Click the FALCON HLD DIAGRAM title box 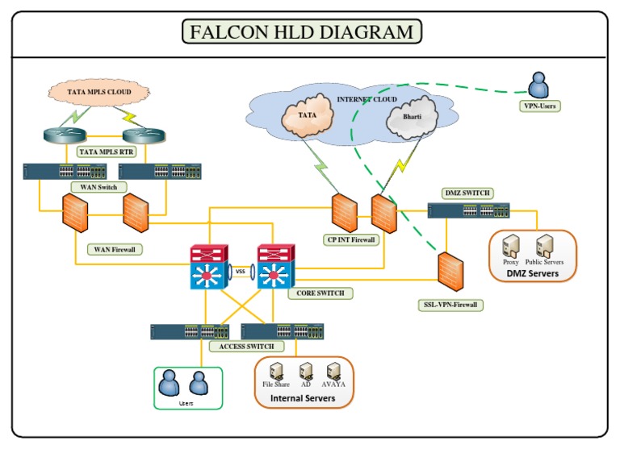coord(301,32)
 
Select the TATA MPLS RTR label coord(106,151)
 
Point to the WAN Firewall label coord(114,250)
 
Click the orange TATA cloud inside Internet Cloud coord(307,117)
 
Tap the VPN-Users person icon coord(538,85)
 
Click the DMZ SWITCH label coord(467,193)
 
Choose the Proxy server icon coord(510,246)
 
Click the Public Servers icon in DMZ coord(544,246)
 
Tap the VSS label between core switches coord(240,272)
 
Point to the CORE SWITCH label coord(320,293)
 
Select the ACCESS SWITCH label coord(246,346)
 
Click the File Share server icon coord(276,370)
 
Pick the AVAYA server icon coord(334,370)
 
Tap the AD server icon coord(306,370)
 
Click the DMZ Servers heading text coord(534,273)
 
